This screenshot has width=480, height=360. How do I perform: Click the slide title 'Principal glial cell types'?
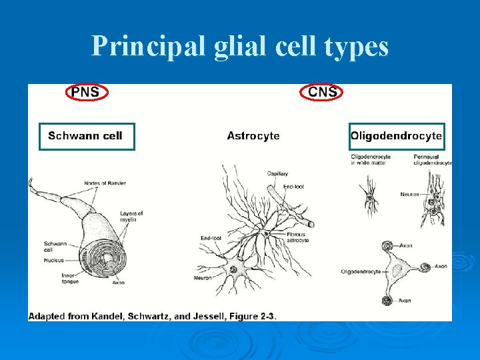coord(240,46)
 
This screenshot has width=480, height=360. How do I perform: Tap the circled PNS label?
coord(86,92)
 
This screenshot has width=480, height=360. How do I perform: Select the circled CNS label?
coord(323,92)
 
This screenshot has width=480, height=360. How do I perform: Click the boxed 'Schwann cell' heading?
coord(86,136)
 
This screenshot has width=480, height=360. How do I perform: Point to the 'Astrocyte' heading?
coord(253,136)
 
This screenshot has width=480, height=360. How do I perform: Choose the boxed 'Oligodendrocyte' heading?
coord(397,136)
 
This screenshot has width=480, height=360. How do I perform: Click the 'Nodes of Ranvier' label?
coord(105,183)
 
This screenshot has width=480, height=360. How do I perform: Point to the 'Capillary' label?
coord(277,174)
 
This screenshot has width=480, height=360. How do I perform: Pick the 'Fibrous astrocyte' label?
coord(297,237)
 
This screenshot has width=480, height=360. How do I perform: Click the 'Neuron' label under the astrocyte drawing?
coord(203,277)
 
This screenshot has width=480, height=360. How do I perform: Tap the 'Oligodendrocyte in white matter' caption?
coord(371,160)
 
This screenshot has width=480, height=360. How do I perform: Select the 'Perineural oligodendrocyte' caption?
coord(432,160)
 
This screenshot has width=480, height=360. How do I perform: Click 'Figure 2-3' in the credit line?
coord(251,315)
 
